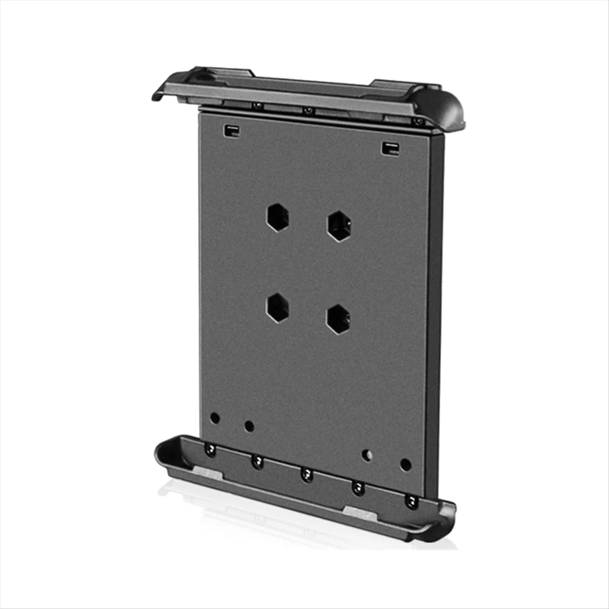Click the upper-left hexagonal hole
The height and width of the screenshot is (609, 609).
[x=278, y=218]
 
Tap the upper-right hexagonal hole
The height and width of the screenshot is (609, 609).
[x=340, y=226]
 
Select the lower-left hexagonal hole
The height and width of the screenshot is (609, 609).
[x=278, y=307]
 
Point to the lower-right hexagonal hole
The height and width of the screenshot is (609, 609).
[x=338, y=319]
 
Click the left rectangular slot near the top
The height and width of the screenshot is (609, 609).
[x=231, y=130]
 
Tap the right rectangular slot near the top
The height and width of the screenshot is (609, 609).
[x=390, y=149]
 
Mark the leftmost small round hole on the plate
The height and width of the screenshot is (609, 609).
[x=215, y=418]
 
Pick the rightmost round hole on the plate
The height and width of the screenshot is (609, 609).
[x=405, y=464]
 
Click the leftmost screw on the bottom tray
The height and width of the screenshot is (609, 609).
[x=210, y=449]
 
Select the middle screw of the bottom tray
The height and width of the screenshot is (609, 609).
[x=307, y=475]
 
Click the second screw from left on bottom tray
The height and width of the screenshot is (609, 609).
[x=258, y=462]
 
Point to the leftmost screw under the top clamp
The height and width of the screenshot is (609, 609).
[x=258, y=106]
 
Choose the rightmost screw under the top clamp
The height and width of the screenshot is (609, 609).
[x=418, y=121]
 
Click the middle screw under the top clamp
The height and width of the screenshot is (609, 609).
[x=307, y=110]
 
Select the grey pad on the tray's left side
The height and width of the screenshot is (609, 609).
[x=209, y=476]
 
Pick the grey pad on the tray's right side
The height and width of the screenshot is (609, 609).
[x=359, y=513]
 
